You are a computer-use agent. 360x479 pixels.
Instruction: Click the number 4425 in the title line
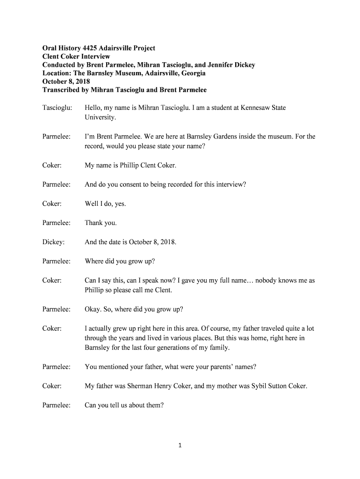pyautogui.click(x=94, y=48)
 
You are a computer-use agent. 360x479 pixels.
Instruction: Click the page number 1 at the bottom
pyautogui.click(x=180, y=446)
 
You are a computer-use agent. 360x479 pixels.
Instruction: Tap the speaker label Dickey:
pyautogui.click(x=53, y=242)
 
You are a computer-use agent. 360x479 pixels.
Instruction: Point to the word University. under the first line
pyautogui.click(x=100, y=117)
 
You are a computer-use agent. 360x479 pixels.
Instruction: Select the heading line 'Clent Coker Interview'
pyautogui.click(x=76, y=57)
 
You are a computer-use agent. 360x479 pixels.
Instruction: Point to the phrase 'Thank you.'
pyautogui.click(x=101, y=223)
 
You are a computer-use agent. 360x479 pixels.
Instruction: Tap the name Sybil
pyautogui.click(x=248, y=386)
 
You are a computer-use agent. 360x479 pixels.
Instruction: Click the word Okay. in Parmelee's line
pyautogui.click(x=93, y=309)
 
